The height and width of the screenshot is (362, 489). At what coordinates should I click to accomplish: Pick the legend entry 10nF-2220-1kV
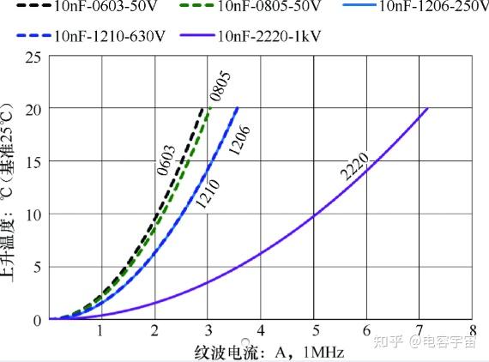[271, 36]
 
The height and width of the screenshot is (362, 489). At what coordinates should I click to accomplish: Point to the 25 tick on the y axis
[33, 57]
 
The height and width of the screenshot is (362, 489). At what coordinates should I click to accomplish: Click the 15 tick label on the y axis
[33, 162]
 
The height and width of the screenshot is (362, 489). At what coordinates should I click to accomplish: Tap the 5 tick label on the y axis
[37, 267]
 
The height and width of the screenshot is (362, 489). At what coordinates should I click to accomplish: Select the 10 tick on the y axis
[33, 214]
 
